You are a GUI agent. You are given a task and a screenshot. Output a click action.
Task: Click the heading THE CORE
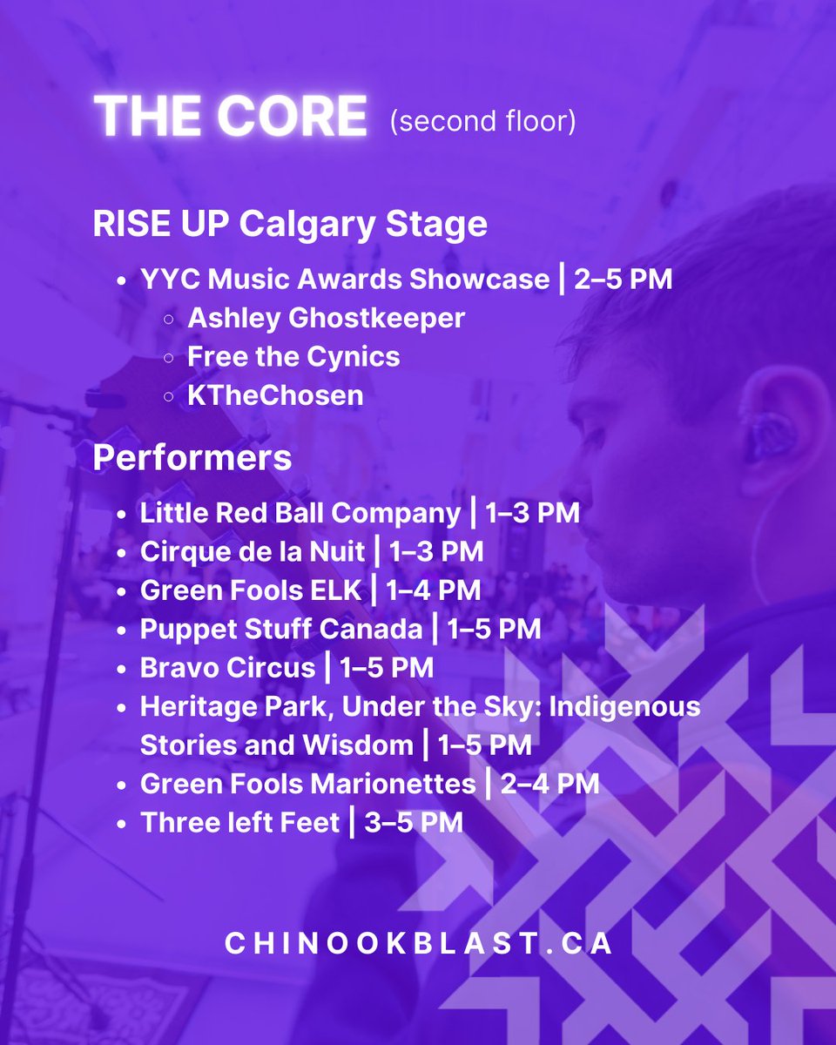(x=230, y=116)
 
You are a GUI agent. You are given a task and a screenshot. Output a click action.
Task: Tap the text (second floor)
(x=483, y=122)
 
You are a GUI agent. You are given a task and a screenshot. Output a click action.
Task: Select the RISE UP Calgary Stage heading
(x=289, y=224)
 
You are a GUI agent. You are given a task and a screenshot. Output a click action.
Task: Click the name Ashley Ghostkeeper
(x=326, y=318)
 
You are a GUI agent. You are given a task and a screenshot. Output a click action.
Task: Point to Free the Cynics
(x=293, y=357)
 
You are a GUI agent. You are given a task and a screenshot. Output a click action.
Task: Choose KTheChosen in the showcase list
(x=275, y=395)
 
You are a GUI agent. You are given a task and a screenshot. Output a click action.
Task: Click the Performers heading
(x=192, y=458)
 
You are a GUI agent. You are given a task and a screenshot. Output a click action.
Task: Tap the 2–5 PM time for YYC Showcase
(x=623, y=280)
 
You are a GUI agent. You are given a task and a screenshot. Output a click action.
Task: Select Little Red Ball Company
(x=300, y=513)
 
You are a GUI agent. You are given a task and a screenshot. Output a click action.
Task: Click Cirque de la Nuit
(x=252, y=551)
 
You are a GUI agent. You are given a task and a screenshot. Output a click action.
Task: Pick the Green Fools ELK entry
(x=250, y=590)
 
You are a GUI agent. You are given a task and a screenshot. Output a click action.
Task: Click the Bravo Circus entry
(x=227, y=667)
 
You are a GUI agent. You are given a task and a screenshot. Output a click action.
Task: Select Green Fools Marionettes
(x=307, y=784)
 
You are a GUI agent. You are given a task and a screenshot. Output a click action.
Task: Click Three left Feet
(x=239, y=822)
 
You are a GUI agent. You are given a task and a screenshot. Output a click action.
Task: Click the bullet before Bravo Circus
(x=122, y=668)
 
